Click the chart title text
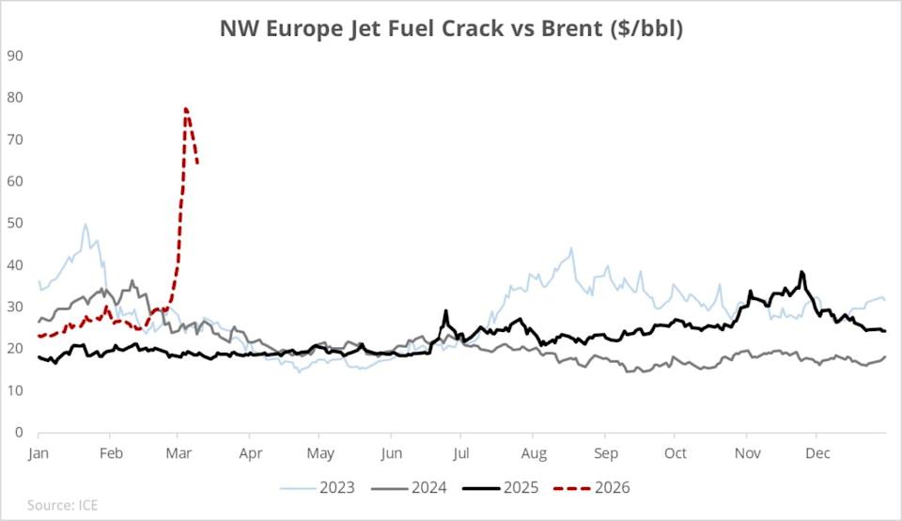coord(451,28)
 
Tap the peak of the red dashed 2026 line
coord(186,109)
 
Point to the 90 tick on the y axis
coord(17,55)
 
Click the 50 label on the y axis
coord(17,223)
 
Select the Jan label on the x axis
coord(39,452)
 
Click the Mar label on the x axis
coord(178,452)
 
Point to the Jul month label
coord(462,452)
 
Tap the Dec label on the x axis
coord(816,452)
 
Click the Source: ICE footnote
coord(62,506)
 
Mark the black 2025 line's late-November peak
coord(801,273)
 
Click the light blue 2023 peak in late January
coord(86,225)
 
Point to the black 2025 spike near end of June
coord(446,311)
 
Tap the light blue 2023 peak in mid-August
coord(570,249)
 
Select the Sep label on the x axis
coord(605,452)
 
